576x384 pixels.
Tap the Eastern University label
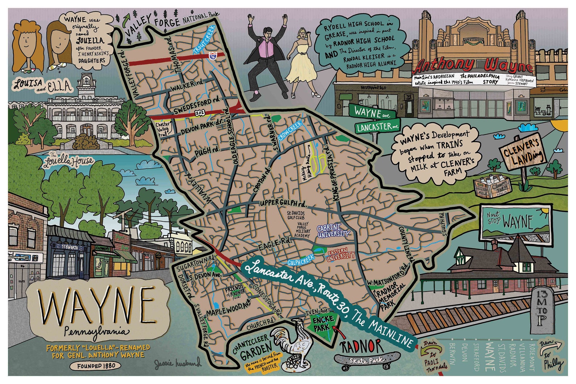click(340, 255)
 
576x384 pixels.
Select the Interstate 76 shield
click(212, 56)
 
